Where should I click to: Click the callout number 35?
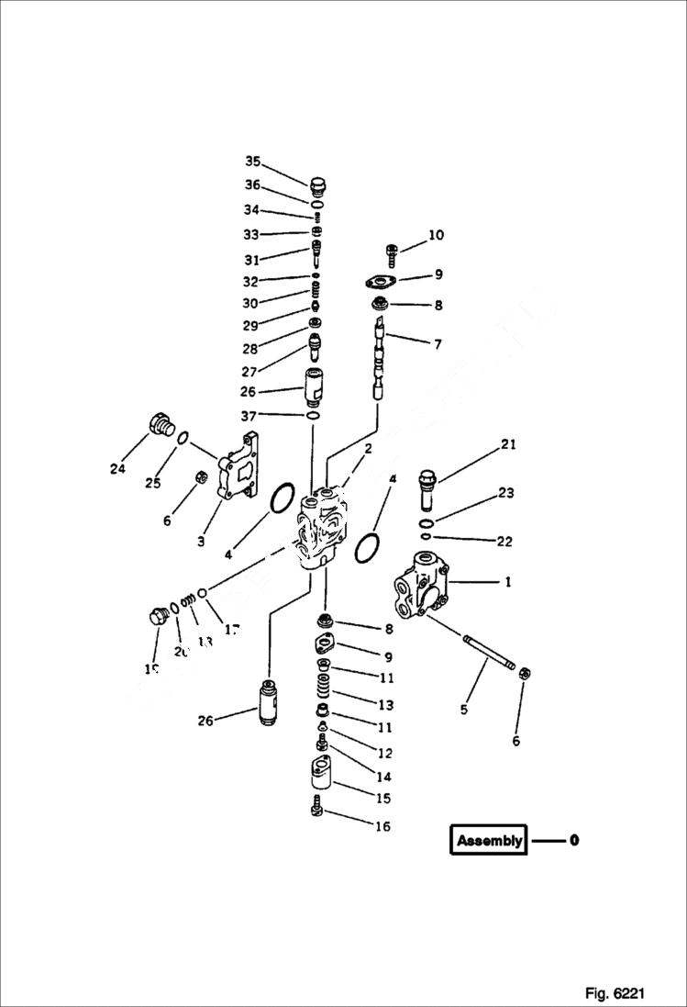point(252,162)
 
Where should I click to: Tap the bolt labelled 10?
point(392,250)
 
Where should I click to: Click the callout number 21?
point(508,445)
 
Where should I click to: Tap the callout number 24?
point(117,469)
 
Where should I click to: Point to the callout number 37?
point(249,416)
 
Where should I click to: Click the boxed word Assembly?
point(489,840)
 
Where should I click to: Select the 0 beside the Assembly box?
point(573,840)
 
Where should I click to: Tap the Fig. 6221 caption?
point(615,993)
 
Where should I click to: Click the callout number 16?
point(382,826)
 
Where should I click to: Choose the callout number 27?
point(249,371)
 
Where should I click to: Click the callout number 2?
point(367,449)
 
